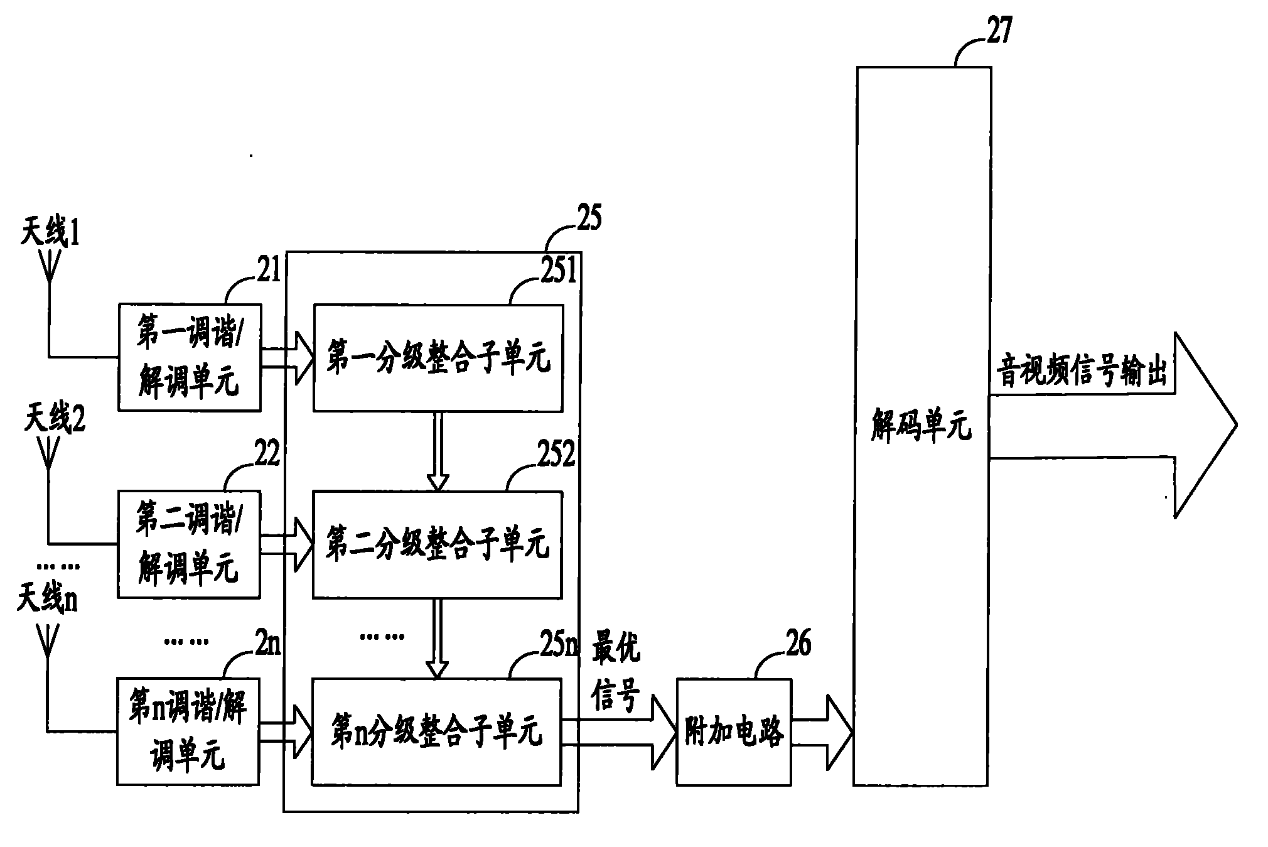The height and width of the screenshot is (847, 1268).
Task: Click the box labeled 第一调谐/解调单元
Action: tap(190, 357)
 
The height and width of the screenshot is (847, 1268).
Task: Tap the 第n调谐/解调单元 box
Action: tap(188, 731)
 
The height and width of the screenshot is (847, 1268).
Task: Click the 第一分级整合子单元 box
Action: tap(438, 359)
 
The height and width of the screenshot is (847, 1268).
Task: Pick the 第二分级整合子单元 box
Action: tap(438, 544)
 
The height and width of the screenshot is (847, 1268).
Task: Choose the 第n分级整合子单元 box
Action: tap(437, 731)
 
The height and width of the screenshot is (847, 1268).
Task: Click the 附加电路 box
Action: tap(734, 731)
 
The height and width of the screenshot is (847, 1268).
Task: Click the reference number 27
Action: tap(999, 31)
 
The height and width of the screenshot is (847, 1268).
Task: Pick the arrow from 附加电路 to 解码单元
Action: tap(822, 732)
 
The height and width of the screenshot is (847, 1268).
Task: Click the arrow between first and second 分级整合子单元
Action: tap(438, 451)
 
